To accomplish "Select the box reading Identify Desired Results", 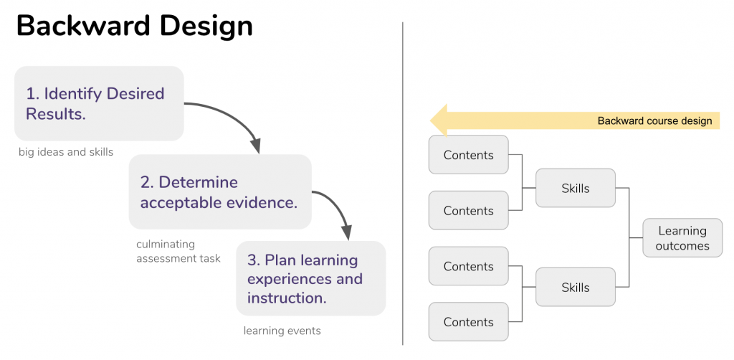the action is (x=99, y=103).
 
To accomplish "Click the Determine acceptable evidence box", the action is (x=221, y=192).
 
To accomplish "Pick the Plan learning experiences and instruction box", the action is (x=311, y=278).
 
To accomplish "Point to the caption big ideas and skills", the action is (x=66, y=152).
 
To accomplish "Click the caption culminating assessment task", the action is (x=178, y=252).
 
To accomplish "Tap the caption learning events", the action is (x=282, y=331).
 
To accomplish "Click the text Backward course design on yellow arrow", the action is (x=654, y=120).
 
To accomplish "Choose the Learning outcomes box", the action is (x=682, y=238).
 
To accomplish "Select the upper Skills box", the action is (x=576, y=188).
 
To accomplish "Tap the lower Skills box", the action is (x=576, y=287).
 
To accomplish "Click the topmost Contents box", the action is (x=469, y=154).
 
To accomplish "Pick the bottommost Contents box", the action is (x=469, y=321).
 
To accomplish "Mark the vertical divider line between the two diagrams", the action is (x=403, y=184).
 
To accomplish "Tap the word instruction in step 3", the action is (x=287, y=298).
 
